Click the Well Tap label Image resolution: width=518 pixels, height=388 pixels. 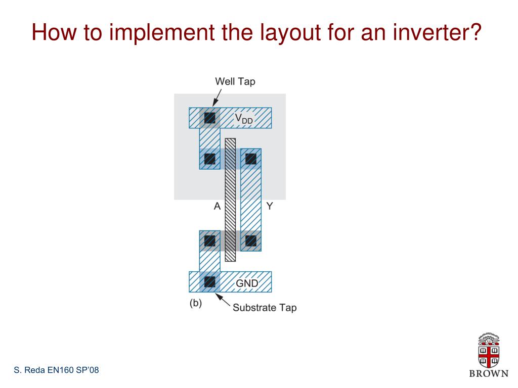pos(235,81)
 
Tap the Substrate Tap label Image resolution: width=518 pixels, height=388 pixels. pos(264,307)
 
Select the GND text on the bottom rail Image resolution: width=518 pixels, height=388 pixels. pos(247,283)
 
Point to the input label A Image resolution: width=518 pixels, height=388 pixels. pos(217,206)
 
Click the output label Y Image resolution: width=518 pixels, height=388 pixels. pos(270,206)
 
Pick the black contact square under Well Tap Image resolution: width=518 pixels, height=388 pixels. pos(209,119)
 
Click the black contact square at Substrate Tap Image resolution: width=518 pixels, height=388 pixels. pos(209,282)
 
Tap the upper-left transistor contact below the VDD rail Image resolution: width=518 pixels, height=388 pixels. pos(209,159)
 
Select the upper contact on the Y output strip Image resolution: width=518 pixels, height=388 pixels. pos(251,159)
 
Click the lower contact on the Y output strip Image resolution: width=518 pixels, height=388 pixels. pos(251,240)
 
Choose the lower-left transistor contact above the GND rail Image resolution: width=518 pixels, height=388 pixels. pos(209,240)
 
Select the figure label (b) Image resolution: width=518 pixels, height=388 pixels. pos(196,304)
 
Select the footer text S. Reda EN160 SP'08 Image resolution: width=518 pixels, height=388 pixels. pos(56,371)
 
